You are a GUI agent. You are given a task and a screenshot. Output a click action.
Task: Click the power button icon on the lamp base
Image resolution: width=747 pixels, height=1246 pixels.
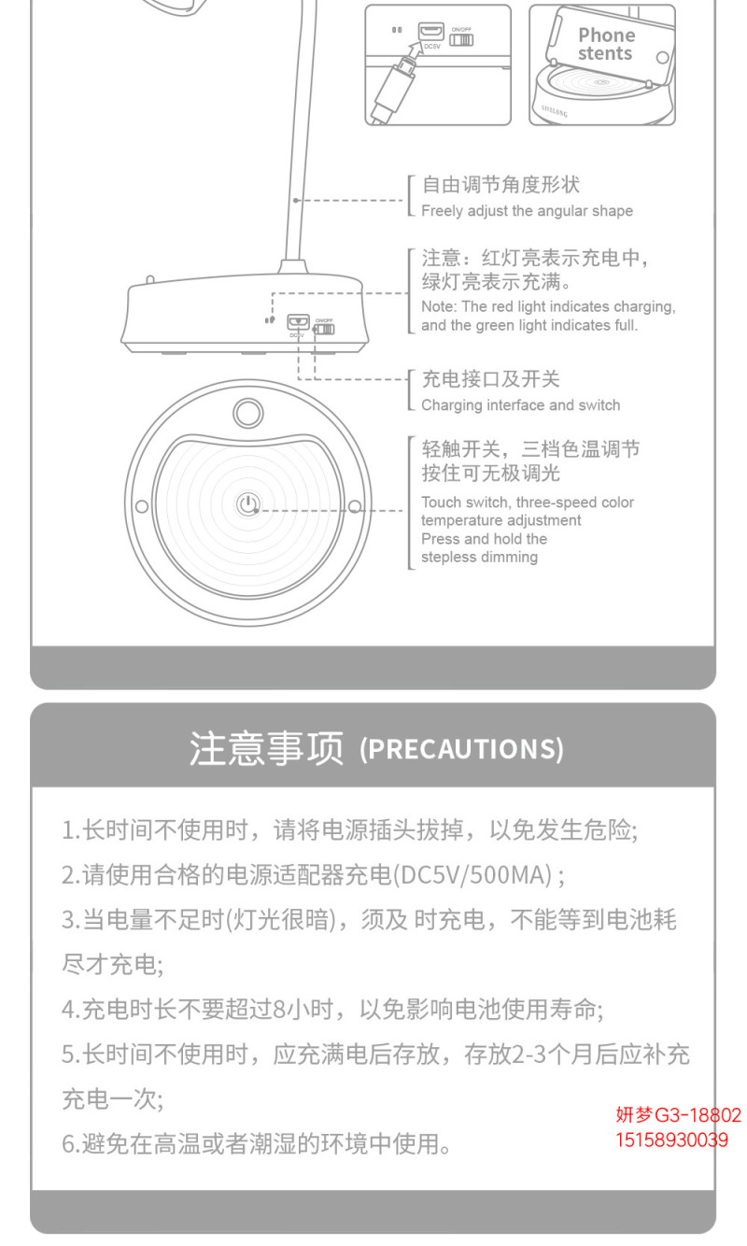click(248, 504)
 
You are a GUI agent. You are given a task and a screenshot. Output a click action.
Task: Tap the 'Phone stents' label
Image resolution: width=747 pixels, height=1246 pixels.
click(606, 44)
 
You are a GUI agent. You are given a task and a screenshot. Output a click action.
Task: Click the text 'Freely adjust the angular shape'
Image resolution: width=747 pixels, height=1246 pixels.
click(527, 211)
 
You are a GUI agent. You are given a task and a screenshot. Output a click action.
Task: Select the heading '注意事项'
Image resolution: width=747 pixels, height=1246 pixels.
click(266, 748)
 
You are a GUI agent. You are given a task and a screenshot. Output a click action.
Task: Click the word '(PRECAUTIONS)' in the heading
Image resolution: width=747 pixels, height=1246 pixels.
click(461, 749)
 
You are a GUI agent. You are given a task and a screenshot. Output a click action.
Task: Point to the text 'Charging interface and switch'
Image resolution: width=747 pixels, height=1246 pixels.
click(521, 405)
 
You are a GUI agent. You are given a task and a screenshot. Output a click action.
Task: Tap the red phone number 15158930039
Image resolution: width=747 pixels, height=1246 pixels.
click(672, 1140)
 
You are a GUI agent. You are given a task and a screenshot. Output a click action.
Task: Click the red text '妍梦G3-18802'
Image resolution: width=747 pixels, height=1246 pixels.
click(678, 1114)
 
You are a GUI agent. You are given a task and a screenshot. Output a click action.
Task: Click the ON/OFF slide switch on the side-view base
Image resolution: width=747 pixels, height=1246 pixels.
click(324, 330)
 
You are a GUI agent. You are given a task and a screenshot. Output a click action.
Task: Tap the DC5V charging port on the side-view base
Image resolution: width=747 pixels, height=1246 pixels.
click(298, 321)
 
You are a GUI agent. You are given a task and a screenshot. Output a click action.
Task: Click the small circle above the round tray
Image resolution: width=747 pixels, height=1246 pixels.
click(248, 413)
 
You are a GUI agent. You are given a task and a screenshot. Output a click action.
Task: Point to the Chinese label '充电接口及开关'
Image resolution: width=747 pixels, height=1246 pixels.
click(490, 379)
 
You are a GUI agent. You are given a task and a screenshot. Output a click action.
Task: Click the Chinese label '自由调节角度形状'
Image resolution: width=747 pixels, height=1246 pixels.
click(500, 185)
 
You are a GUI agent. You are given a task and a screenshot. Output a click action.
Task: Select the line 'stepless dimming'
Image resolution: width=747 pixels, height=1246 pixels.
click(479, 557)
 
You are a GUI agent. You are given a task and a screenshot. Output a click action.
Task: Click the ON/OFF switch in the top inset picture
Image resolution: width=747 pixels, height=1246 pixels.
click(461, 40)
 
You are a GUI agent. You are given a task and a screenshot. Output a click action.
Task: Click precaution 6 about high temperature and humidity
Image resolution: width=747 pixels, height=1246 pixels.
click(256, 1144)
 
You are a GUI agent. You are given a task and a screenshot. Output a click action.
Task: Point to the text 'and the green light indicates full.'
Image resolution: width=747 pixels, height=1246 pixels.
click(529, 325)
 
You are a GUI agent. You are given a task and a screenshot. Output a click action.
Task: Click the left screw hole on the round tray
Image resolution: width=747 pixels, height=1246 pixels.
click(142, 506)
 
